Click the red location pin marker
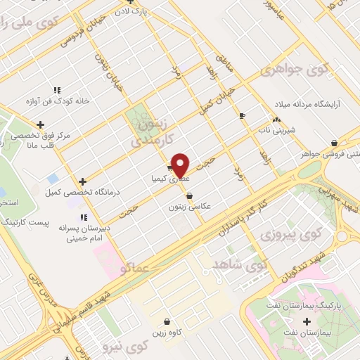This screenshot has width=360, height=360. (x=181, y=165)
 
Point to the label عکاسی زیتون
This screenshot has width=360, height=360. (x=190, y=207)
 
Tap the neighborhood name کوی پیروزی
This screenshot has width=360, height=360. (x=281, y=233)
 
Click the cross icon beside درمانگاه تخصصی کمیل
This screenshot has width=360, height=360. (x=83, y=181)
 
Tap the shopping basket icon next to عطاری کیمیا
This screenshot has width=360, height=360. (x=171, y=168)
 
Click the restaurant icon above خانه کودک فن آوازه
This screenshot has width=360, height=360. (x=57, y=90)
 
